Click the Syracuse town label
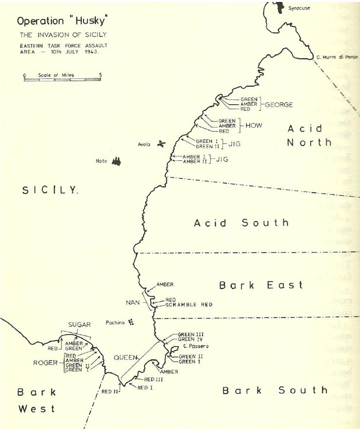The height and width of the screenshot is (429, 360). pyautogui.click(x=299, y=8)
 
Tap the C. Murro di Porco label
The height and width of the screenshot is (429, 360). pyautogui.click(x=337, y=58)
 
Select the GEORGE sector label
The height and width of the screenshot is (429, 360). pyautogui.click(x=279, y=104)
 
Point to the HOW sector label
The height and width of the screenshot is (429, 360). pyautogui.click(x=254, y=126)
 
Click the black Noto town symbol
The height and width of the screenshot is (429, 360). pyautogui.click(x=116, y=161)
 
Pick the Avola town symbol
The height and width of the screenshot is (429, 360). pyautogui.click(x=161, y=143)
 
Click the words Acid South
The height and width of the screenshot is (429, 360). pyautogui.click(x=241, y=223)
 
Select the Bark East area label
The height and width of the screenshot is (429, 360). pyautogui.click(x=260, y=285)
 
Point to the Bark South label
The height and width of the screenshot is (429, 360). pyautogui.click(x=275, y=390)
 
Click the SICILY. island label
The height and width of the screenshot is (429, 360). pyautogui.click(x=50, y=190)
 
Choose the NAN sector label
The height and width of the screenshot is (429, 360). pyautogui.click(x=133, y=303)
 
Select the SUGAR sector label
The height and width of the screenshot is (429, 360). pyautogui.click(x=80, y=324)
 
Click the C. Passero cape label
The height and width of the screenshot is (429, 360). pyautogui.click(x=193, y=346)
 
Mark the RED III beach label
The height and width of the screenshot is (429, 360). pyautogui.click(x=155, y=379)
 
